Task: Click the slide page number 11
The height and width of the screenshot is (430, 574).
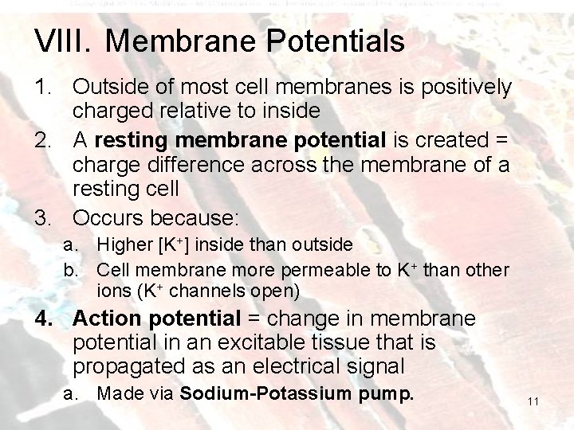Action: pos(533,404)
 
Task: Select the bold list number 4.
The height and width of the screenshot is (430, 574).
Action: pos(42,319)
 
